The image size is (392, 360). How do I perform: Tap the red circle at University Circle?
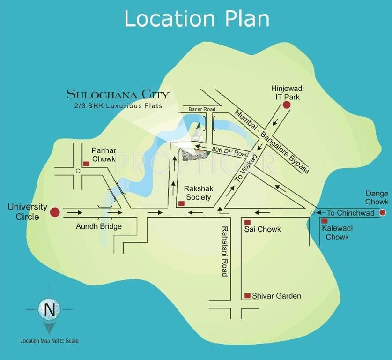tap(55, 212)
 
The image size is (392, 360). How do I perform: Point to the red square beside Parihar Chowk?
tap(86, 164)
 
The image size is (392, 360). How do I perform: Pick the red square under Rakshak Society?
tap(180, 204)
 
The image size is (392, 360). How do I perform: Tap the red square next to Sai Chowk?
tap(248, 221)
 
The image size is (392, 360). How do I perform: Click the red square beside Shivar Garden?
tap(248, 296)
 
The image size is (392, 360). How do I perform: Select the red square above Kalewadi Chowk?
tap(324, 221)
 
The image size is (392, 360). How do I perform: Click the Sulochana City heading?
tap(118, 94)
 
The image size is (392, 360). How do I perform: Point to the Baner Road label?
tap(202, 109)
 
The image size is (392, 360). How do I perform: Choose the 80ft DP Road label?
tap(229, 150)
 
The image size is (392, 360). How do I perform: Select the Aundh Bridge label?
tap(99, 227)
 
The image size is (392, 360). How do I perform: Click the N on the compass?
tap(49, 309)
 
